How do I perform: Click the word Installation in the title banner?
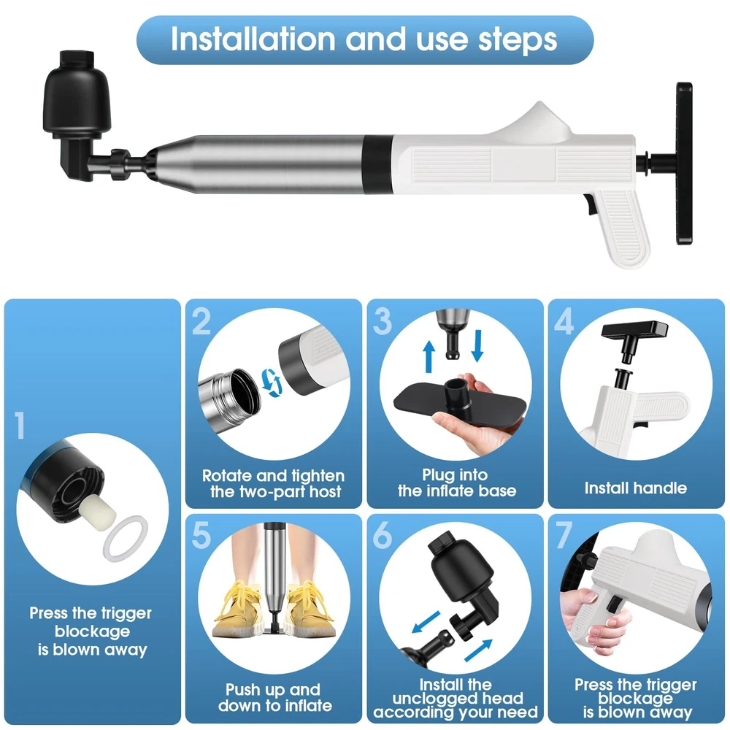253,39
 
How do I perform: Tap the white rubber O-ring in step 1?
125,538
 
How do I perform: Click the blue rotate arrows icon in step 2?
271,383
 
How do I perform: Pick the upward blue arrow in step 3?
429,357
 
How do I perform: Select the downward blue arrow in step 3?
477,345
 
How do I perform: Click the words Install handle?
636,488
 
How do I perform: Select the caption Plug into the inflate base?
457,483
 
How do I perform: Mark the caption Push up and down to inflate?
274,697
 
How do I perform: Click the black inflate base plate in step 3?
460,403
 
